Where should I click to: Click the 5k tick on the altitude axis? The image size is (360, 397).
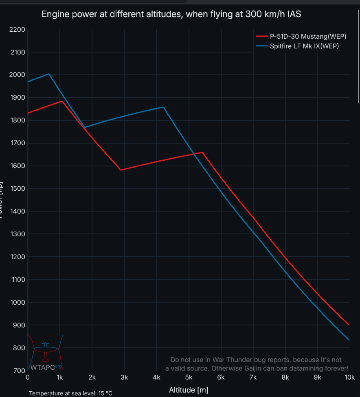click(x=189, y=377)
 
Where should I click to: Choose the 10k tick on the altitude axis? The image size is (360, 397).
click(x=349, y=377)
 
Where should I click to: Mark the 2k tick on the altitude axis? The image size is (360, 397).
click(x=92, y=377)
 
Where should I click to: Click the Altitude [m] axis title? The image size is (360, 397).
click(x=189, y=390)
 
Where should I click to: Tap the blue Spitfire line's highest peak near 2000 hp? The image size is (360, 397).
click(x=49, y=74)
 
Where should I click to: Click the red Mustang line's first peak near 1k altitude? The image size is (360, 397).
click(x=61, y=101)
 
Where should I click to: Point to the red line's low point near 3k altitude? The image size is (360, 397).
click(x=121, y=170)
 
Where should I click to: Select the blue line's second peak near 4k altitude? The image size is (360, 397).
click(x=163, y=107)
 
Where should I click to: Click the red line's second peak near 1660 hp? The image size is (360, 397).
click(x=202, y=153)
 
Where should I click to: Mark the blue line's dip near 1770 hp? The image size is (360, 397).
click(x=85, y=127)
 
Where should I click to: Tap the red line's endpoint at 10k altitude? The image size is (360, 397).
click(x=349, y=325)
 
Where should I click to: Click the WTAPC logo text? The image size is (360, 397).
click(x=45, y=366)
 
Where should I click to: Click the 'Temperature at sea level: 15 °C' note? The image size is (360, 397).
click(x=70, y=393)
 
